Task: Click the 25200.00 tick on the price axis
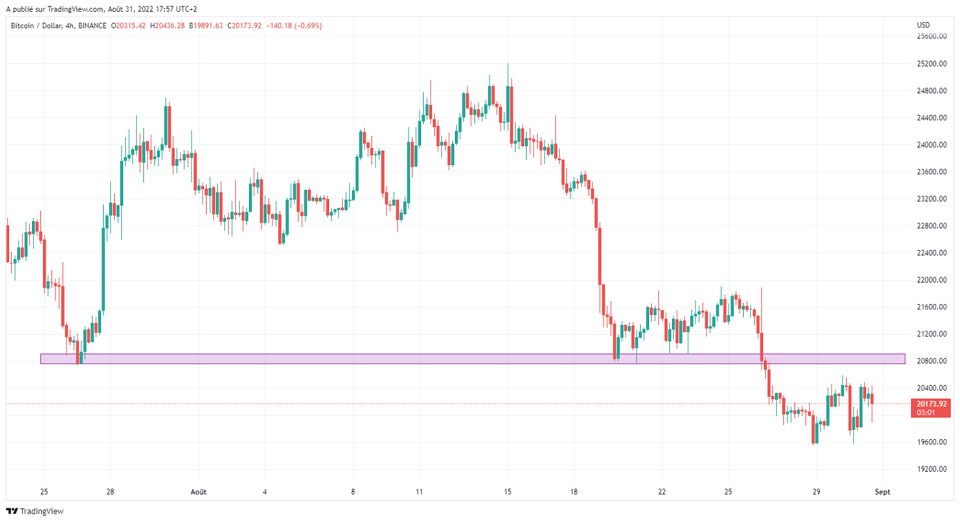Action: (931, 64)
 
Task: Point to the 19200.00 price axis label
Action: (931, 469)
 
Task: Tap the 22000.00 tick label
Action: (931, 280)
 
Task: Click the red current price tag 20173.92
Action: (931, 404)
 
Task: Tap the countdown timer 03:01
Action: (926, 412)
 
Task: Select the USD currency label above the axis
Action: (923, 25)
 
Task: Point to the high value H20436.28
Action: (167, 26)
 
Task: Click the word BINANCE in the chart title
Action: (93, 26)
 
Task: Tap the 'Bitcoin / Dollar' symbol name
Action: (35, 26)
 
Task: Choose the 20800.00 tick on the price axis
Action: (931, 361)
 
